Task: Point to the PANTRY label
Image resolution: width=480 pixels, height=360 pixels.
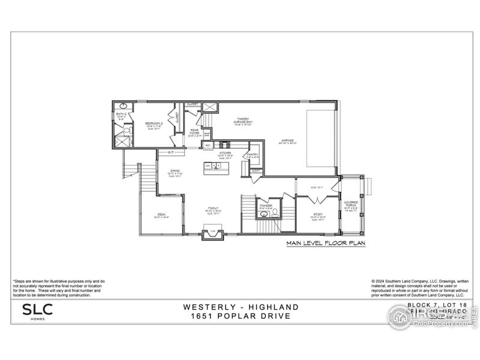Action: [x=251, y=155]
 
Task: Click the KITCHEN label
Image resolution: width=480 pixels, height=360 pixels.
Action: [x=224, y=155]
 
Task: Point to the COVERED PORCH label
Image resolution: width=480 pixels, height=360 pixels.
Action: [x=350, y=204]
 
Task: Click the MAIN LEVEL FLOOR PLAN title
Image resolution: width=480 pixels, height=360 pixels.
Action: [x=325, y=244]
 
